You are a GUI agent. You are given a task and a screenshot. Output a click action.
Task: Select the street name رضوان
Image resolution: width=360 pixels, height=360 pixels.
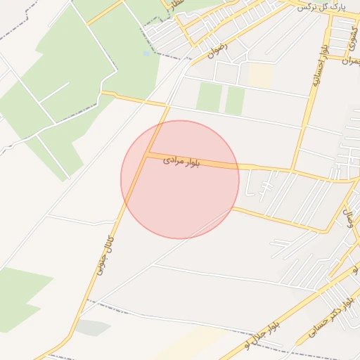219,48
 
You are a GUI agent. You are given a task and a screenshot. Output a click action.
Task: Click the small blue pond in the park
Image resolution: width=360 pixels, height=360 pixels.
146,53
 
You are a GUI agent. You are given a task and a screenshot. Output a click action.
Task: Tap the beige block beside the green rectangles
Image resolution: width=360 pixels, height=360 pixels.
259,77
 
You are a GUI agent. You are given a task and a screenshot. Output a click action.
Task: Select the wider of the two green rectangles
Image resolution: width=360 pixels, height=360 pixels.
209,97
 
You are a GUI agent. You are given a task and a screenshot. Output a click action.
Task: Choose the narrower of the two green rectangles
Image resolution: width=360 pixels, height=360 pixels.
235,101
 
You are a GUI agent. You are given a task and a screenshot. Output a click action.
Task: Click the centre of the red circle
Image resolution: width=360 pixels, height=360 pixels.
180,179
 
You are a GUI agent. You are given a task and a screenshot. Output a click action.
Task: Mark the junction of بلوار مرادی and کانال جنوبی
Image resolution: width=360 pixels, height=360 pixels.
146,155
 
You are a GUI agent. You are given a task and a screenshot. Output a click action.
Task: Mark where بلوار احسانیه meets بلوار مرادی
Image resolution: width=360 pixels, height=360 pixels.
293,171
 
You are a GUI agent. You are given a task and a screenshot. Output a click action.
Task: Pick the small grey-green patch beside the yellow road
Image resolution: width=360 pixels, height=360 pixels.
92,327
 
